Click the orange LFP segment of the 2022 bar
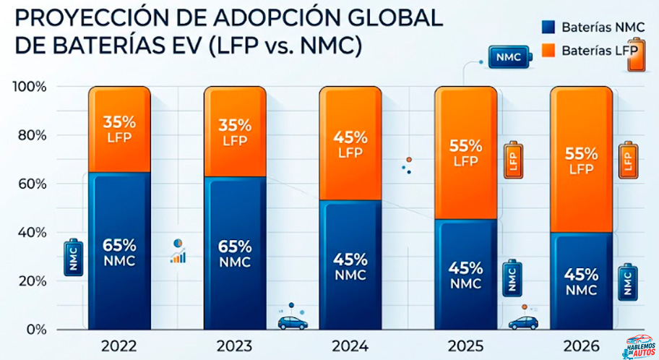[x=119, y=130]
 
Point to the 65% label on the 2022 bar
[x=119, y=246]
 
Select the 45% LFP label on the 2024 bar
[x=350, y=137]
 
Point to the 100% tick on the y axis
[x=29, y=87]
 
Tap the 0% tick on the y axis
[x=35, y=330]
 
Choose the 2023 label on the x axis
[x=235, y=347]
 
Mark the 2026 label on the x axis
[x=581, y=347]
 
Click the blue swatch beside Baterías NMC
[x=548, y=27]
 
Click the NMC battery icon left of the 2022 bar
[x=74, y=258]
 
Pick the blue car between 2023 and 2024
[x=291, y=322]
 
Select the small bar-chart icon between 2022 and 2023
[x=178, y=252]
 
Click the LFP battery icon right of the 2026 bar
[x=627, y=160]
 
